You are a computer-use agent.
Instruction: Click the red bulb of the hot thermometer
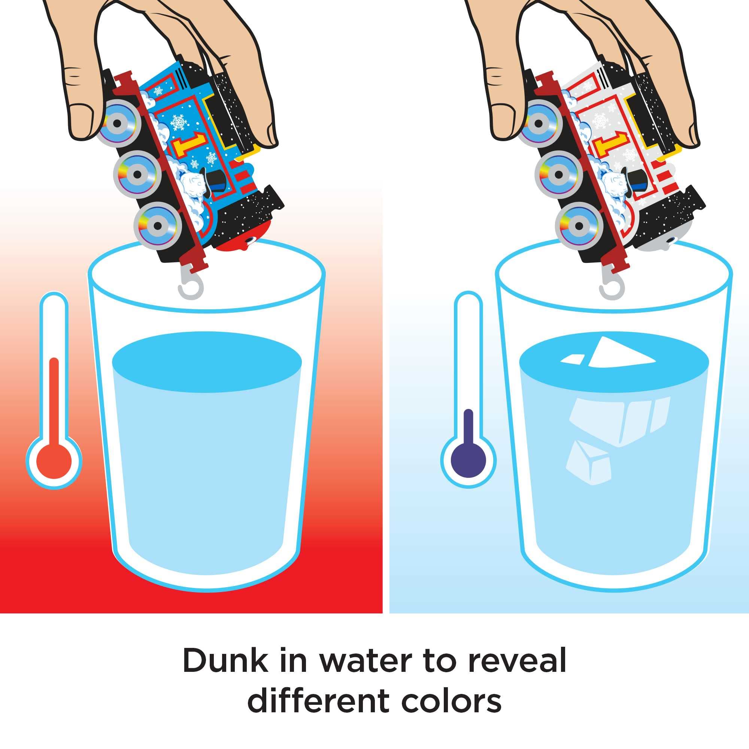(54, 462)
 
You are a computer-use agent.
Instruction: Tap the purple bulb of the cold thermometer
(469, 460)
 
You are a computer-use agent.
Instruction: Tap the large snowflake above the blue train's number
(179, 122)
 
